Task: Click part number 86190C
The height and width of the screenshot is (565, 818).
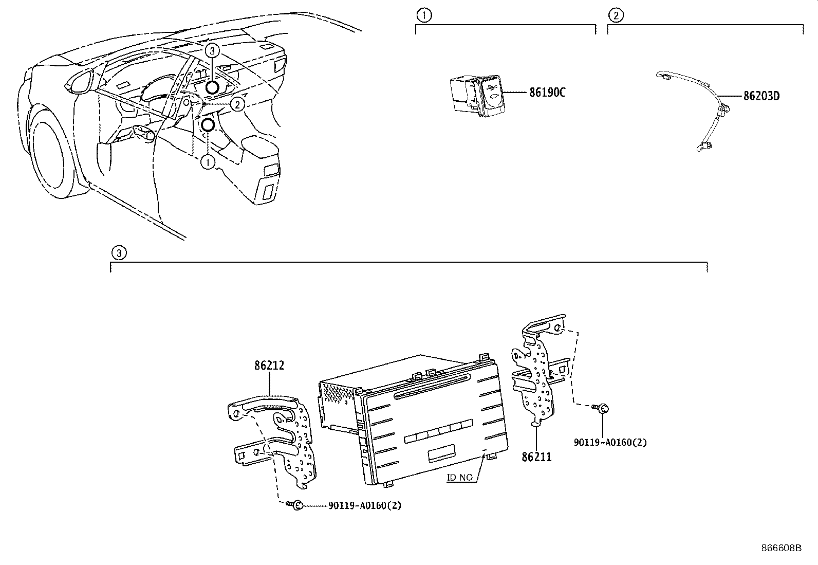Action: pyautogui.click(x=547, y=93)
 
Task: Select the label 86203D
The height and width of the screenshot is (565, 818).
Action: pyautogui.click(x=761, y=96)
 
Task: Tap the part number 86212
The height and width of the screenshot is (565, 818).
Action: pyautogui.click(x=269, y=366)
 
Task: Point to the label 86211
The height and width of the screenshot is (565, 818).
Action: pyautogui.click(x=536, y=457)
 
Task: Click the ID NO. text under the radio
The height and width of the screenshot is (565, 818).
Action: pyautogui.click(x=460, y=478)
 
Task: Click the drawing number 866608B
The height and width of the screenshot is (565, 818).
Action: pyautogui.click(x=781, y=548)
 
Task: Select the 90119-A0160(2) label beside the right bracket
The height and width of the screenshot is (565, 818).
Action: pyautogui.click(x=610, y=442)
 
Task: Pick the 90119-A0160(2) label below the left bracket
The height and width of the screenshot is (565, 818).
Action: pyautogui.click(x=365, y=505)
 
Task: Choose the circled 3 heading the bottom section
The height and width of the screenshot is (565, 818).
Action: pyautogui.click(x=119, y=252)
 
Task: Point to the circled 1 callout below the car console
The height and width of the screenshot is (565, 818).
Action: pyautogui.click(x=208, y=162)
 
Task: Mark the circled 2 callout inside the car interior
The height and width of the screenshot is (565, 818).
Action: pyautogui.click(x=236, y=104)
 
